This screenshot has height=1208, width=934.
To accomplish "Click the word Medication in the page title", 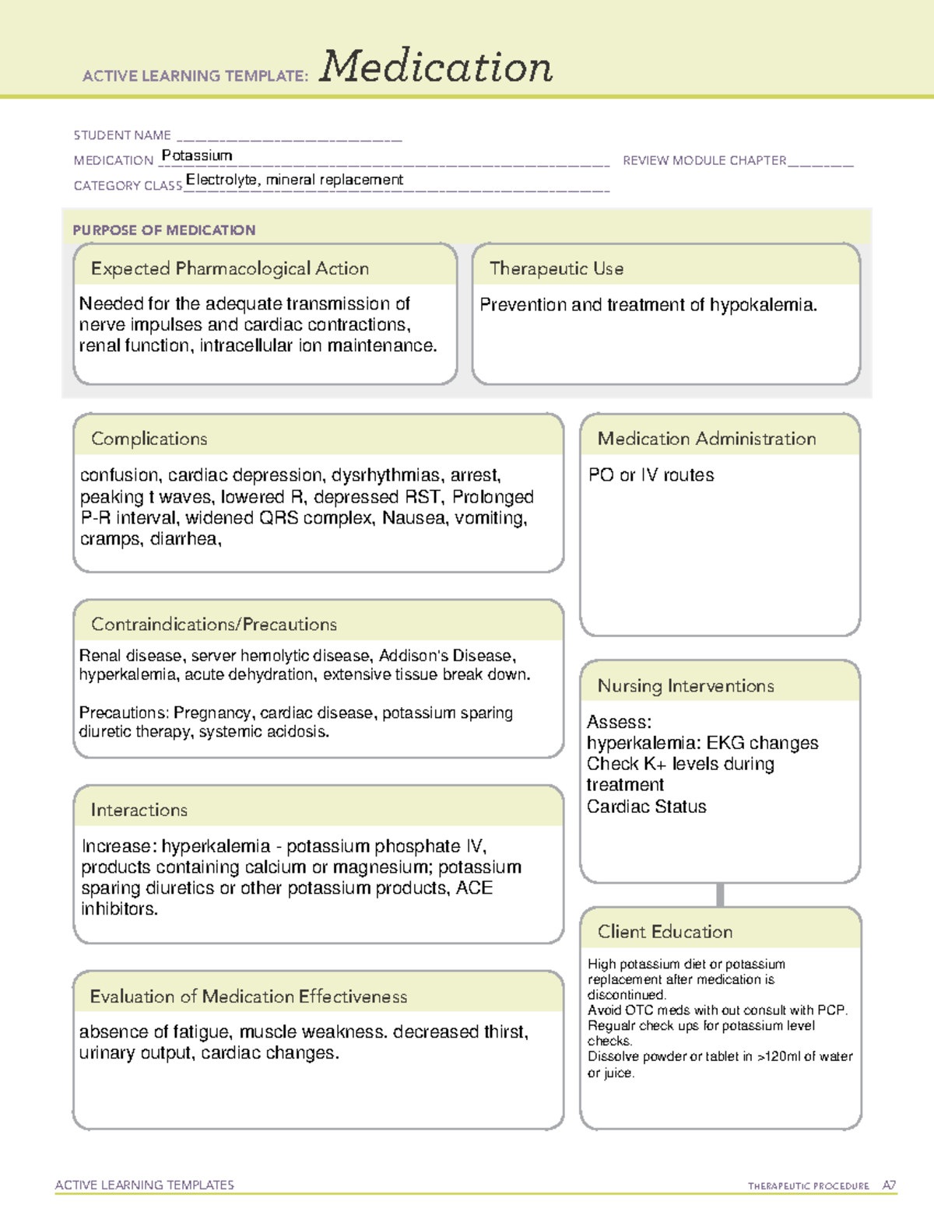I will [x=436, y=67].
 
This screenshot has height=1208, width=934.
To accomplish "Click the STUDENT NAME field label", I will [x=122, y=135].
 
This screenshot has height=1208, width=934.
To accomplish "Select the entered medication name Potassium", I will [x=197, y=156].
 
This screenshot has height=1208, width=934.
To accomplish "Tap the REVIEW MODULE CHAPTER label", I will [x=704, y=160].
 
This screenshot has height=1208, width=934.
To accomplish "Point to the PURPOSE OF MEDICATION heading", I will [x=164, y=230].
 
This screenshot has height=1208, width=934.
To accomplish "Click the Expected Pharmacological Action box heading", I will [x=230, y=269].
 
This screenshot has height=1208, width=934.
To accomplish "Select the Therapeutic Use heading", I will [x=557, y=269].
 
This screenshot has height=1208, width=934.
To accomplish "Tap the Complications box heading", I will [x=149, y=439].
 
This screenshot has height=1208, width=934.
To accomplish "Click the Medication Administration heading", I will [x=707, y=439].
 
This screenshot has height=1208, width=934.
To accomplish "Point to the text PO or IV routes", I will [x=651, y=475].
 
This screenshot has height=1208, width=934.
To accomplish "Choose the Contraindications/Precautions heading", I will [x=214, y=625].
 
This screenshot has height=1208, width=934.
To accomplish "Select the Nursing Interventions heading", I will [x=686, y=686].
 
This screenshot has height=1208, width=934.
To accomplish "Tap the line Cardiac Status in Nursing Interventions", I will [x=647, y=807].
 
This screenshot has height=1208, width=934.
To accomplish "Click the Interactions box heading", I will [x=139, y=811].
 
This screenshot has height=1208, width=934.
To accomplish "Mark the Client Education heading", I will [x=665, y=932].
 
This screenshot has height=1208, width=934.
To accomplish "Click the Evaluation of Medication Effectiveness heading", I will [x=248, y=996].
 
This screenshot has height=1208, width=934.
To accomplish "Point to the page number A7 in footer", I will [x=889, y=1185].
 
